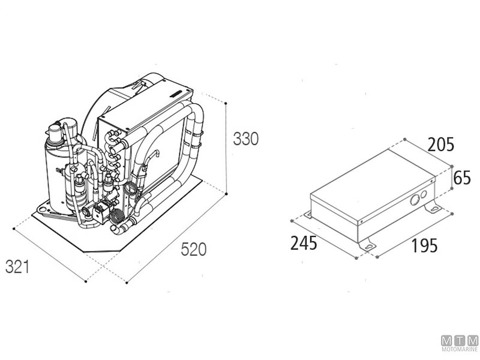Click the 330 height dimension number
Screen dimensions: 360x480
tap(246, 139)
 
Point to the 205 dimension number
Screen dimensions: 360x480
tap(441, 145)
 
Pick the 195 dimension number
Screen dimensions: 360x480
tap(425, 245)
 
